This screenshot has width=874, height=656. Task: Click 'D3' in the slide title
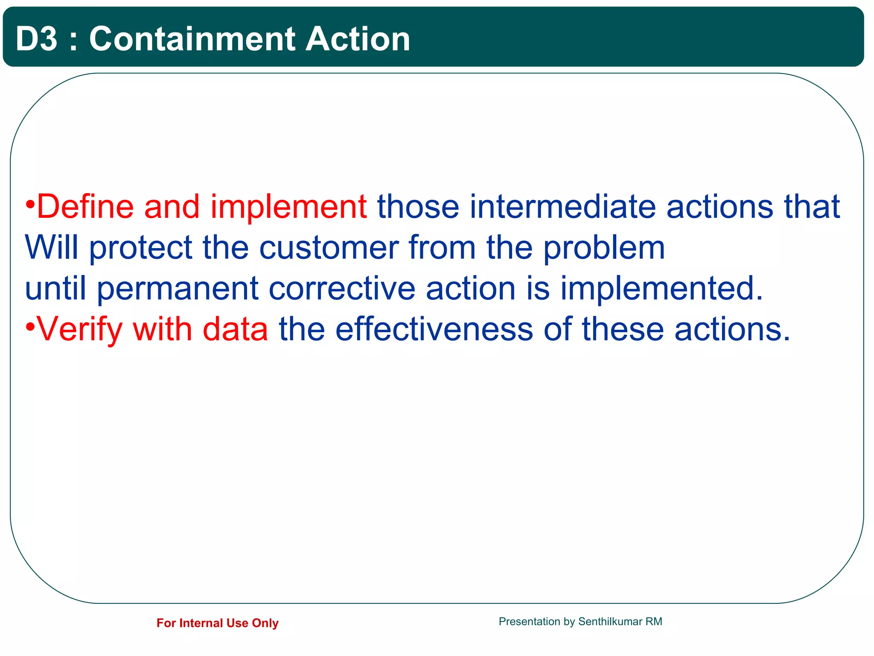[x=36, y=39]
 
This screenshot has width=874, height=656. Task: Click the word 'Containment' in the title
[x=192, y=39]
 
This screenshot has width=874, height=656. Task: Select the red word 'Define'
[x=85, y=207]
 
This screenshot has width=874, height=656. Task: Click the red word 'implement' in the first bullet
[x=288, y=207]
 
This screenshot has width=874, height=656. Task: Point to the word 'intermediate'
[x=562, y=207]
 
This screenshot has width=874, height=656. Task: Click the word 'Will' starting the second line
[x=52, y=247]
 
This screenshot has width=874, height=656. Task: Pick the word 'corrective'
[x=342, y=288]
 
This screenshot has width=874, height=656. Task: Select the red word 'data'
[x=235, y=329]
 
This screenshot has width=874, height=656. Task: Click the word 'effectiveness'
[x=434, y=329]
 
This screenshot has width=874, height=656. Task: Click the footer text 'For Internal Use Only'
[x=217, y=623]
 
